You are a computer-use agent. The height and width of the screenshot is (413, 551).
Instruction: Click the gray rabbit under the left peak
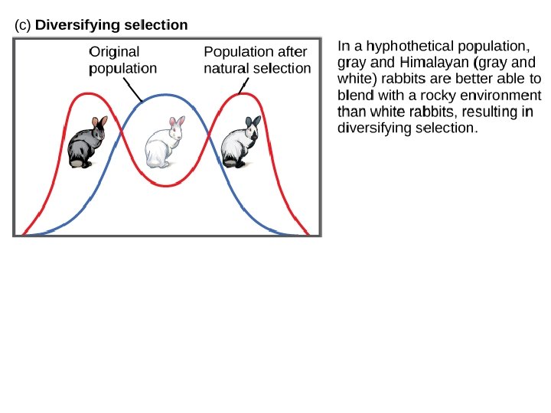[84, 144]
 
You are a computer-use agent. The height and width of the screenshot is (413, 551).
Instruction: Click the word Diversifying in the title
[75, 25]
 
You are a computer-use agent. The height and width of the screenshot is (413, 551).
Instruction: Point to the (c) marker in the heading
[23, 25]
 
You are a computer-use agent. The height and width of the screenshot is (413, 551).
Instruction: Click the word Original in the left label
[115, 52]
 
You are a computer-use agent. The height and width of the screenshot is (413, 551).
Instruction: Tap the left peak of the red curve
[90, 93]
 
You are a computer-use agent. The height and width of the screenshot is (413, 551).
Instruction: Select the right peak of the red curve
[240, 94]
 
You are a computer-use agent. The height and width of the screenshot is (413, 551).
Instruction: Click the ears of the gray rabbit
[99, 122]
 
